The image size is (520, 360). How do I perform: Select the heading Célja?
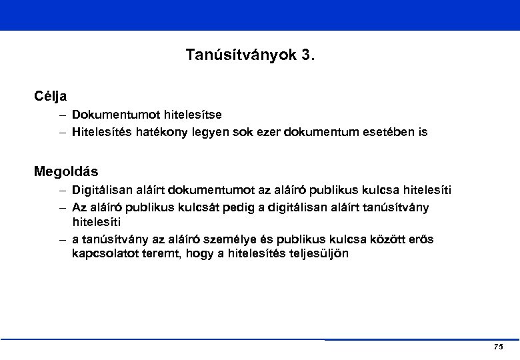click(x=51, y=95)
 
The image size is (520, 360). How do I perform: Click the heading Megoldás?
click(x=66, y=171)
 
